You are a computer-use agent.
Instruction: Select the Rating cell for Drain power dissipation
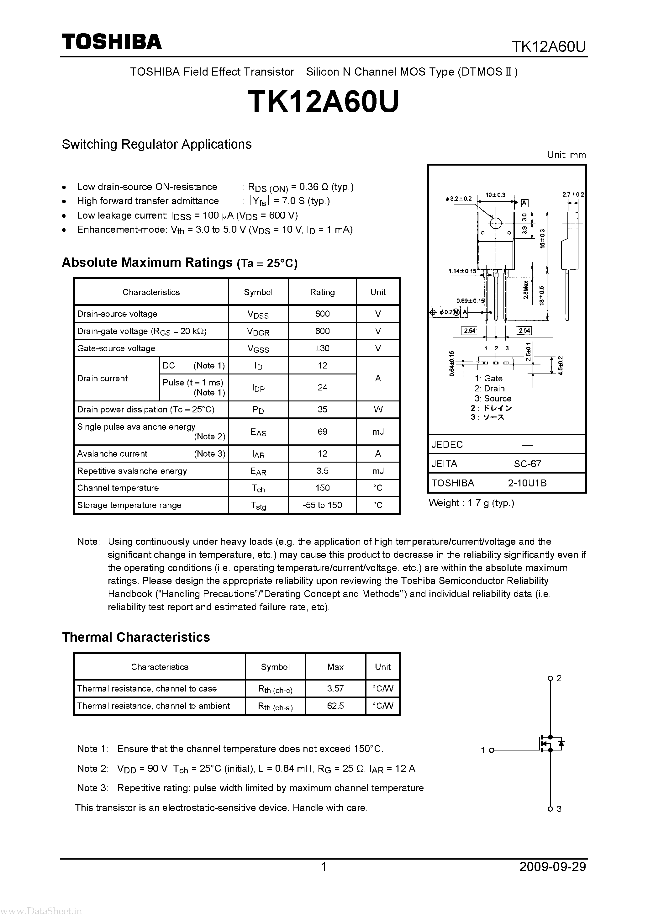(x=322, y=409)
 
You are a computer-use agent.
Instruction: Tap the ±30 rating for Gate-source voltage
(x=322, y=348)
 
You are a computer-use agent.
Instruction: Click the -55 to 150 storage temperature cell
(x=322, y=505)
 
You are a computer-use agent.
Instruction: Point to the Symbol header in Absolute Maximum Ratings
(x=258, y=292)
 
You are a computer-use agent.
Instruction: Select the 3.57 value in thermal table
(x=335, y=689)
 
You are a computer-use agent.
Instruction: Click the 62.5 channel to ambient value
(x=335, y=706)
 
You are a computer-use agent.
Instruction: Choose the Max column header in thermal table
(x=335, y=667)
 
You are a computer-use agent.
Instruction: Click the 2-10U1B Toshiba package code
(x=527, y=483)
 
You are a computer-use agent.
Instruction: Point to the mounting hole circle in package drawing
(x=495, y=223)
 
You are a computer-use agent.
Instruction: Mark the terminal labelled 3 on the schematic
(x=550, y=809)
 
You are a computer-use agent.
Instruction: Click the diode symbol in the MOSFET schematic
(x=561, y=743)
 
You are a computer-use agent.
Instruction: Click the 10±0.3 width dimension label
(x=495, y=195)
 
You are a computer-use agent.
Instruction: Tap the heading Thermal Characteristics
(x=136, y=637)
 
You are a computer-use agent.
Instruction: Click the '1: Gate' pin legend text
(x=488, y=378)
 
